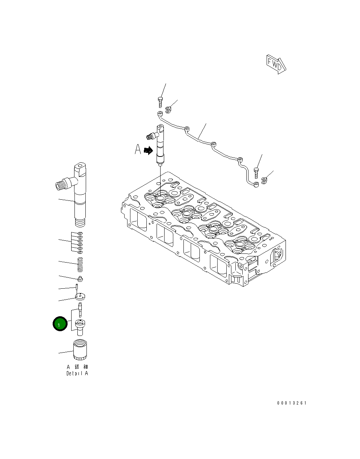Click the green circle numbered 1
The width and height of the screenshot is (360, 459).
tap(60, 324)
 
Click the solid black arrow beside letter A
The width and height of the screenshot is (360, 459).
tap(148, 150)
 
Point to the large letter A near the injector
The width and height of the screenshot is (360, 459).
tap(138, 149)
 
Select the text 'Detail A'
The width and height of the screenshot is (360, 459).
tap(77, 373)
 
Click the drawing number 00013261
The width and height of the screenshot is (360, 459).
tap(292, 403)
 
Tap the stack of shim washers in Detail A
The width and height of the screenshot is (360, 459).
tap(80, 242)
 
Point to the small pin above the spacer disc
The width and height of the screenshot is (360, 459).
tap(77, 287)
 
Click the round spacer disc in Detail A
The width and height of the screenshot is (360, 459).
tap(80, 297)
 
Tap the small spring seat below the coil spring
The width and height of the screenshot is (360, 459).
tap(81, 279)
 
